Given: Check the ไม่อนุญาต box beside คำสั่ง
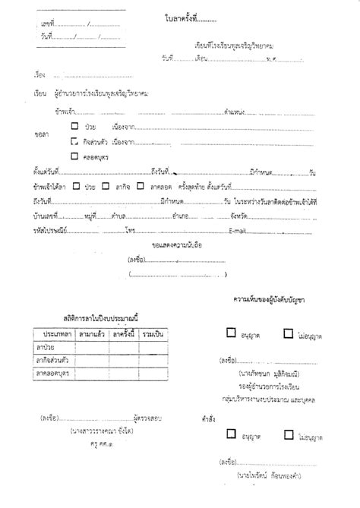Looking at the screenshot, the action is point(288,435).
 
